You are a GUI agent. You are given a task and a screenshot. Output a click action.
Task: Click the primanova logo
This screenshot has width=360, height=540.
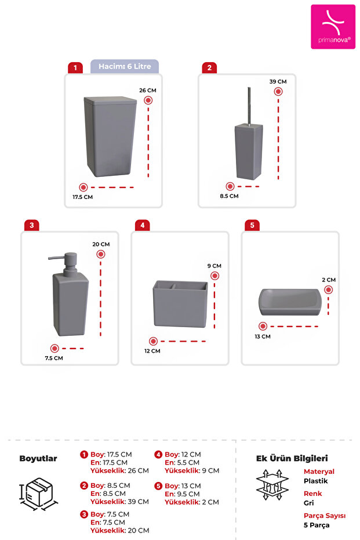(333, 27)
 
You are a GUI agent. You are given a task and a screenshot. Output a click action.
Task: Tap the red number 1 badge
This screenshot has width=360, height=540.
(74, 68)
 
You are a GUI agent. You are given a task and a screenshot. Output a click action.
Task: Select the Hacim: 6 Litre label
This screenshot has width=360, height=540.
(125, 67)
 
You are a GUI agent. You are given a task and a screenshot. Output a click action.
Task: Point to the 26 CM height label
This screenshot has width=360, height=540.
(148, 90)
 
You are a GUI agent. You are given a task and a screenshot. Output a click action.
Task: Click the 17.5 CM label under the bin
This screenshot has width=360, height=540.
(82, 197)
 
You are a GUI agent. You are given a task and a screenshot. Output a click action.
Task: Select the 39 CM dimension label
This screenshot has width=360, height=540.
(278, 82)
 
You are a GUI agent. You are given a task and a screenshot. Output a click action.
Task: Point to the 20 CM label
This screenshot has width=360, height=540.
(101, 244)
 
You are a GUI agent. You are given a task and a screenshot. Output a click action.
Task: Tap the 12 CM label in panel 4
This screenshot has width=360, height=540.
(153, 351)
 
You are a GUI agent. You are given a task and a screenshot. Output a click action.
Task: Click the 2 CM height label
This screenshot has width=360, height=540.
(329, 280)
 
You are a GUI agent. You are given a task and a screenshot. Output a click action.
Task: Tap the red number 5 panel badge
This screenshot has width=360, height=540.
(252, 225)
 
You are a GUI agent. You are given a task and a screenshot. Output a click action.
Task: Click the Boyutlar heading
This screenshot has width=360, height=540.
(38, 458)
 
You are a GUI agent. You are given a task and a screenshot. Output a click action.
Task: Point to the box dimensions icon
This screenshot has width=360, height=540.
(38, 494)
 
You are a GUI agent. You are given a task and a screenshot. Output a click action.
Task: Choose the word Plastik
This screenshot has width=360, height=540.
(315, 481)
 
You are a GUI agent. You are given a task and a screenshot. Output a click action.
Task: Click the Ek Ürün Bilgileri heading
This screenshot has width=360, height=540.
(292, 458)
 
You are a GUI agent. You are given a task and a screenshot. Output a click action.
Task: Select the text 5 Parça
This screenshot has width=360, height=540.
(317, 525)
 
